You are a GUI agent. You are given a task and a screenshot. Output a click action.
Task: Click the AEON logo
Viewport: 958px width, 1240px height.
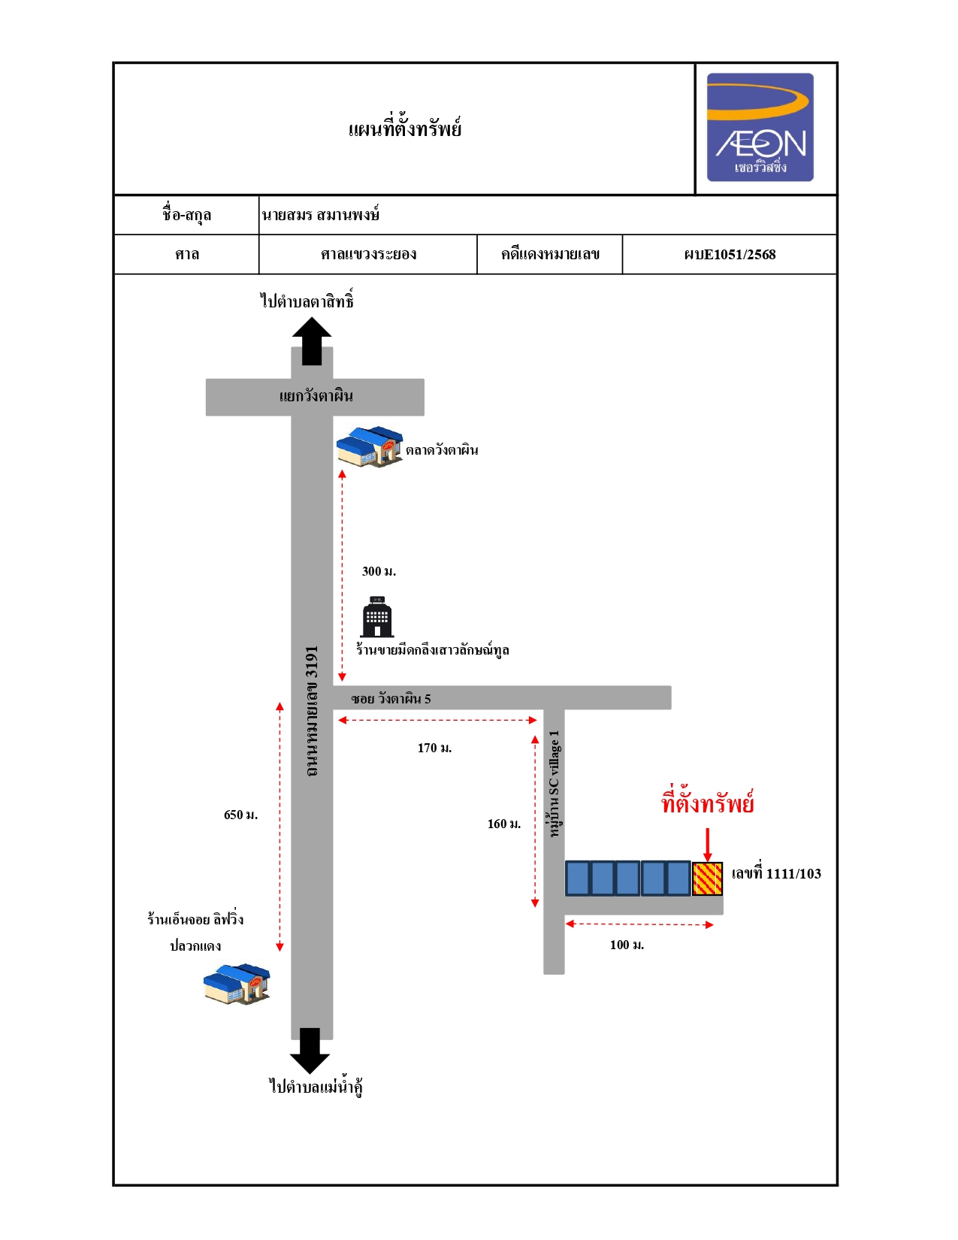tap(760, 127)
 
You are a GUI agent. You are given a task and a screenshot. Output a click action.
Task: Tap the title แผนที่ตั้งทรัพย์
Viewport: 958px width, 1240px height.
tap(404, 129)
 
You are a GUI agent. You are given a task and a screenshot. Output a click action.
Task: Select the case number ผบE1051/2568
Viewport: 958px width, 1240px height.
tap(730, 255)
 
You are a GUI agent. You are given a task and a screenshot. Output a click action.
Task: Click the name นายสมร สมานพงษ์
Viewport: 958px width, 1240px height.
tap(321, 215)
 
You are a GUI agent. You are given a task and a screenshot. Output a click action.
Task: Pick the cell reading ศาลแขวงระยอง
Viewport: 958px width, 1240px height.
tap(368, 255)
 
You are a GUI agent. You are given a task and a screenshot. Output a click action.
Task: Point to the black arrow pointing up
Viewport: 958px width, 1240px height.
tap(312, 341)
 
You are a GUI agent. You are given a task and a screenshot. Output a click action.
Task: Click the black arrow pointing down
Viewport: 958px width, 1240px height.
tap(310, 1051)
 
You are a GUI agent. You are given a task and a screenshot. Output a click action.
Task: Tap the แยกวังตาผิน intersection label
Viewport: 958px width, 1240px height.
tap(316, 396)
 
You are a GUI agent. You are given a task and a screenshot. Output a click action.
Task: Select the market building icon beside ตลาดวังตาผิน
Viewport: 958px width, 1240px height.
tap(369, 447)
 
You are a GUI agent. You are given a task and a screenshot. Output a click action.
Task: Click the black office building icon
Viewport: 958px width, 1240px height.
tap(377, 617)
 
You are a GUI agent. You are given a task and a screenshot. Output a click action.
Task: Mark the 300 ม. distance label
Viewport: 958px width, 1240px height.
tap(379, 571)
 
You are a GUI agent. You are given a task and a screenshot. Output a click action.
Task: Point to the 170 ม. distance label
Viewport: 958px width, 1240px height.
tap(434, 748)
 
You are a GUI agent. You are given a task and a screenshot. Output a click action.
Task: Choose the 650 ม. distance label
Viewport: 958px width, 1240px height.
tap(240, 815)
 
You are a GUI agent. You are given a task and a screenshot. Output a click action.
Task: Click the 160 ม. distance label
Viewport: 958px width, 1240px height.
tap(504, 824)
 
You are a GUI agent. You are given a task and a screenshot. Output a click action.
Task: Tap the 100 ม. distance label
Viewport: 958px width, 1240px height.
tap(627, 945)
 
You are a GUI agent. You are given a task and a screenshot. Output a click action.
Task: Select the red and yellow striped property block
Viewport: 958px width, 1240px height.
tap(708, 879)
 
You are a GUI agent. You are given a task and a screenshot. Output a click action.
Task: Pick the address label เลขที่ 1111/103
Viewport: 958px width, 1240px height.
tap(776, 874)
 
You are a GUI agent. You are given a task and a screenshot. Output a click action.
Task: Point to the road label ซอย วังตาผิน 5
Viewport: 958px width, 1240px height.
tap(391, 699)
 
